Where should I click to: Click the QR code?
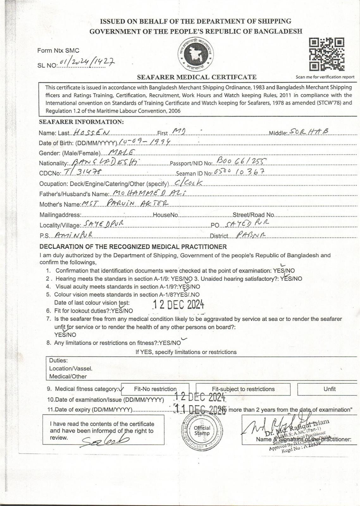(x=326, y=54)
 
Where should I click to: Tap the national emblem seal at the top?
(x=196, y=54)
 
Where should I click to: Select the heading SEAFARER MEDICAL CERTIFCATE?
(x=196, y=77)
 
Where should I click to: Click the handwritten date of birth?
(x=145, y=141)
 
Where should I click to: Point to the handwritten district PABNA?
(x=251, y=235)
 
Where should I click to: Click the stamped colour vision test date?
(x=178, y=304)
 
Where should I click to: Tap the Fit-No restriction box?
(x=155, y=389)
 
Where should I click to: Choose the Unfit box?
(x=329, y=389)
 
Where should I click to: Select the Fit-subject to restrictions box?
(x=243, y=389)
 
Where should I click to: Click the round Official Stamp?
(x=202, y=430)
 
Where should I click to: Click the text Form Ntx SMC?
(x=58, y=51)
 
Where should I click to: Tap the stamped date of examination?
(x=201, y=397)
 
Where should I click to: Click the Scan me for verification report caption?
(x=325, y=77)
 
